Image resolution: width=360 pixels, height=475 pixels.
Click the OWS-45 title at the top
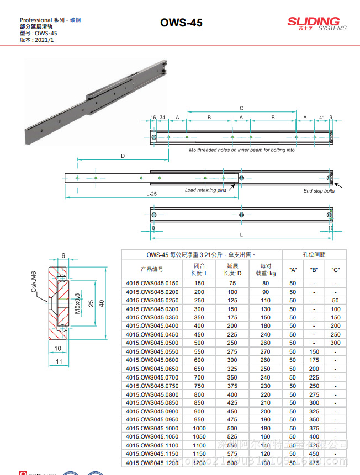pyautogui.click(x=181, y=23)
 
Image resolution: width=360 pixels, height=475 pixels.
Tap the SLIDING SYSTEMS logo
pyautogui.click(x=316, y=23)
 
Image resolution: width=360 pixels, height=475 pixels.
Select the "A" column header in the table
pyautogui.click(x=293, y=270)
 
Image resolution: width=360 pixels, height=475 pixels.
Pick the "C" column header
pyautogui.click(x=335, y=270)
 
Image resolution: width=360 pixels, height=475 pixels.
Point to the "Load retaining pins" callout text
pyautogui.click(x=205, y=190)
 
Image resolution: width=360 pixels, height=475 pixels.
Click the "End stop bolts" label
pyautogui.click(x=319, y=191)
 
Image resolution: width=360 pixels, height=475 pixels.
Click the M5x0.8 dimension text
pyautogui.click(x=77, y=304)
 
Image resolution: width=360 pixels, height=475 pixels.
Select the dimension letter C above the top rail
pyautogui.click(x=241, y=108)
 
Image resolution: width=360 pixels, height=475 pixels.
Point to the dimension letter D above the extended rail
pyautogui.click(x=122, y=156)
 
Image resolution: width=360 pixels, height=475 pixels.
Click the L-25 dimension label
pyautogui.click(x=151, y=194)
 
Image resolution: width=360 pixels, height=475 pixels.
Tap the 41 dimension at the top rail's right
pyautogui.click(x=322, y=118)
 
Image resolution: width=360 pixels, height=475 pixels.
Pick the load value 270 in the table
pyautogui.click(x=266, y=351)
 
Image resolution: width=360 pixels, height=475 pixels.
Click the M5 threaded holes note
pyautogui.click(x=241, y=150)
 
